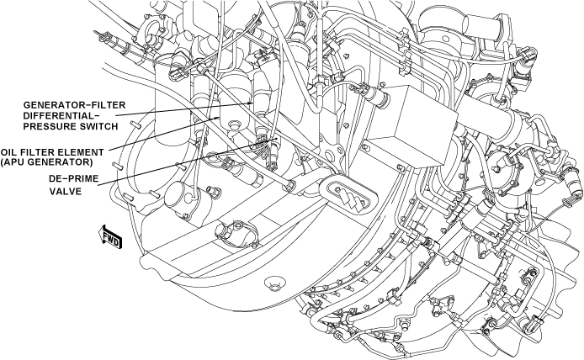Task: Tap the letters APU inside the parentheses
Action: click(x=18, y=162)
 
